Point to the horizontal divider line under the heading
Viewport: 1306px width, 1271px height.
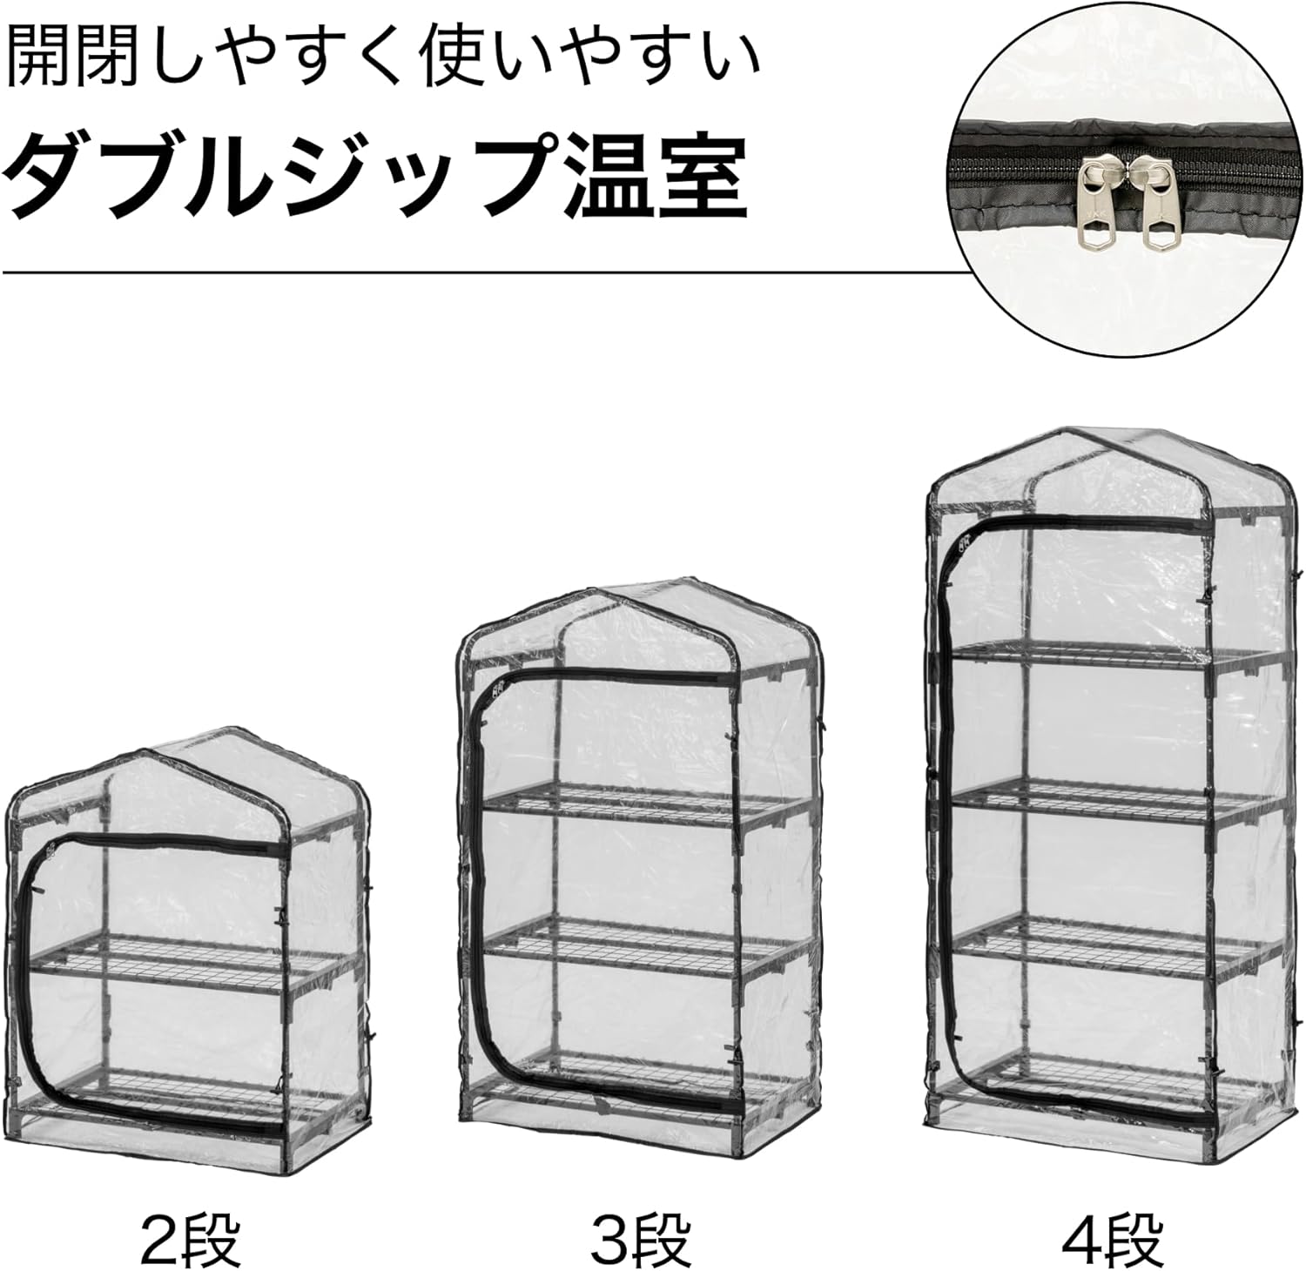[x=479, y=272]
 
